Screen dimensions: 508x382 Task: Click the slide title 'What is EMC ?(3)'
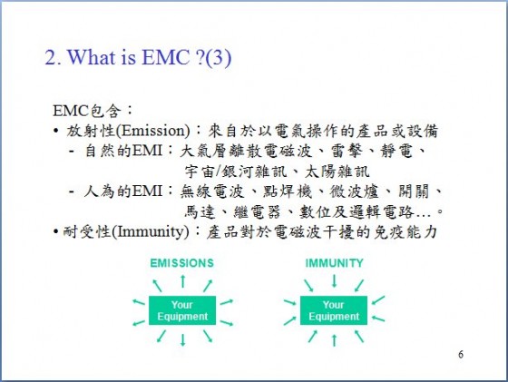[150, 57]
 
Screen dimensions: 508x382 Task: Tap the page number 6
[461, 354]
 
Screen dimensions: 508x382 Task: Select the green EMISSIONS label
[181, 263]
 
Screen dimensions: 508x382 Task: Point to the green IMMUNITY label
[335, 263]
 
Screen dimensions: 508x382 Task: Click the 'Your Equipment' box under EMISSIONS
[182, 310]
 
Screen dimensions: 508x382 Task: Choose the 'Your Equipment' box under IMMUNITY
[334, 310]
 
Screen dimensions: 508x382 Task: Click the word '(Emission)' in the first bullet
[153, 131]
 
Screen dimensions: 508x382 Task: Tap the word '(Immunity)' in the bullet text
[151, 231]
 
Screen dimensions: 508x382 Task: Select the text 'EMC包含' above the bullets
[87, 111]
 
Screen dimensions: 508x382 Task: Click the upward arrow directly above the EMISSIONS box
[182, 281]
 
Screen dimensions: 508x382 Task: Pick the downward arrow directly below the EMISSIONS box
[182, 340]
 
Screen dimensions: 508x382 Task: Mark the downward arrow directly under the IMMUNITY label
[334, 281]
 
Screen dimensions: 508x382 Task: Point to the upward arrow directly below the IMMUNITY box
[334, 340]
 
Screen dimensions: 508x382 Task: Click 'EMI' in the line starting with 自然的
[147, 151]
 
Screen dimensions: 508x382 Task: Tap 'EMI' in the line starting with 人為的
[147, 191]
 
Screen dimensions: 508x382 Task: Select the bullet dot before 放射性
[56, 132]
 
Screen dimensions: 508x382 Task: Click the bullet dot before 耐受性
[56, 231]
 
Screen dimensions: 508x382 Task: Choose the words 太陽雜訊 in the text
[337, 171]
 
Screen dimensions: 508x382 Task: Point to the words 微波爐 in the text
[354, 191]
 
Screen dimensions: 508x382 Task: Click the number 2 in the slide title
[51, 58]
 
